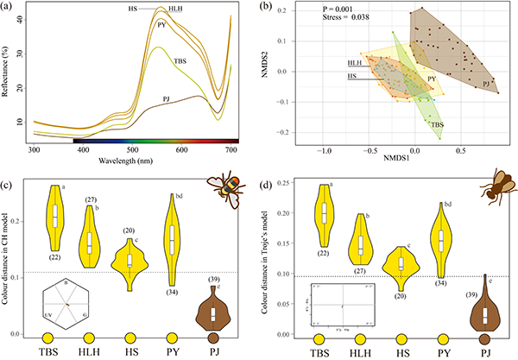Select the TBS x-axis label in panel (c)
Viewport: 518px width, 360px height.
pyautogui.click(x=53, y=352)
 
